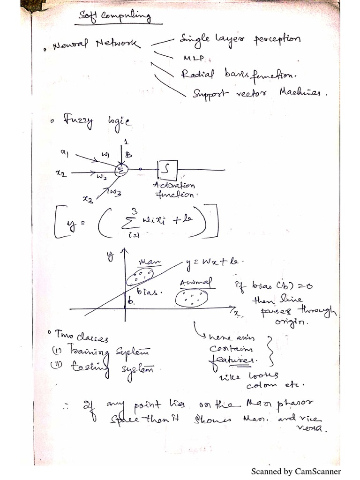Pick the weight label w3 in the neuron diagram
tap(116, 192)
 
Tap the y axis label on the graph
tap(111, 256)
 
